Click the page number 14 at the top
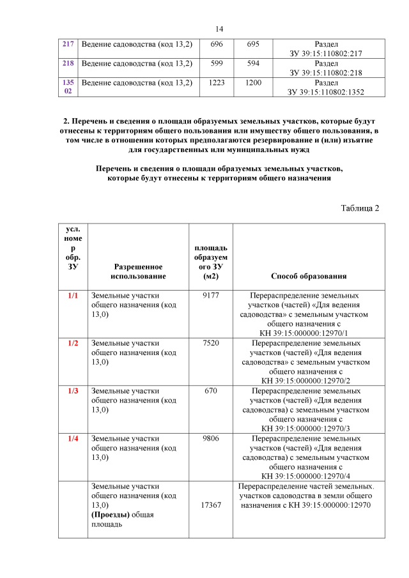(x=219, y=29)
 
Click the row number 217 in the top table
(x=68, y=44)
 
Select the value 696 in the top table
(x=217, y=44)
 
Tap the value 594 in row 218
(x=253, y=63)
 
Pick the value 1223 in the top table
(x=217, y=82)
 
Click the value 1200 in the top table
(x=253, y=82)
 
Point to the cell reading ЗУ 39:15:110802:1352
(x=326, y=92)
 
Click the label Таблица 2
(x=360, y=209)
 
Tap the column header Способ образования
(x=309, y=276)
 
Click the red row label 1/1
(x=73, y=296)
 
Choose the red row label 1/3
(x=73, y=390)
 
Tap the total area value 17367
(x=211, y=505)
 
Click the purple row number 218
(x=68, y=63)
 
